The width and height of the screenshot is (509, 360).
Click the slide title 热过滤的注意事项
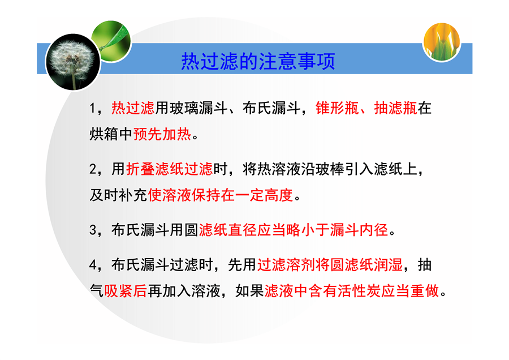point(258,61)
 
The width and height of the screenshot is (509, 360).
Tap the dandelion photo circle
point(74,62)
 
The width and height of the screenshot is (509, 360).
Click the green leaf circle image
point(111,41)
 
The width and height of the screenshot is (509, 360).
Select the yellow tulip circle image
point(442,41)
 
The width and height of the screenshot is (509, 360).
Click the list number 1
point(93,108)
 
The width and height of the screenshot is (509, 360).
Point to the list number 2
point(93,169)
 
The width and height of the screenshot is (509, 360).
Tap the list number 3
point(93,230)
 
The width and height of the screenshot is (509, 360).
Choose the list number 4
point(93,265)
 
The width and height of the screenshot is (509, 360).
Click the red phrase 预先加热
point(162,134)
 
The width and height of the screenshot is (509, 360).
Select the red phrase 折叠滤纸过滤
point(170,169)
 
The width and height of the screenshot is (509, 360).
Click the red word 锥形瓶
point(337,108)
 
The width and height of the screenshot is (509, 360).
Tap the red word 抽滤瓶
point(396,108)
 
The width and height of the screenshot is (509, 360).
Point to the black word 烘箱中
point(111,134)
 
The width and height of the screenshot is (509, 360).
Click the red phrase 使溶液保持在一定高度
point(221,195)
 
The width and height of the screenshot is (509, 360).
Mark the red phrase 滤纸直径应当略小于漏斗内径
point(294,230)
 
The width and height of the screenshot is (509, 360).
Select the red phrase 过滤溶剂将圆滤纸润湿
point(330,265)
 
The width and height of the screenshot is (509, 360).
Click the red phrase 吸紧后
point(126,290)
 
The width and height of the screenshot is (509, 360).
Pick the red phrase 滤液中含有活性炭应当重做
point(352,290)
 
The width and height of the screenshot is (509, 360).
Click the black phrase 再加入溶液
point(184,290)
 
